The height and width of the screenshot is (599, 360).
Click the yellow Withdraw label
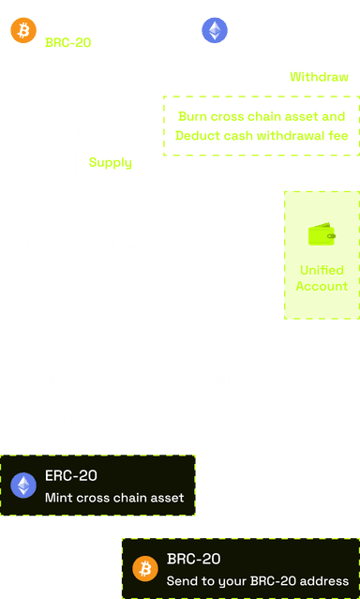click(x=319, y=77)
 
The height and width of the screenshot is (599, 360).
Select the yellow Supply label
click(x=110, y=162)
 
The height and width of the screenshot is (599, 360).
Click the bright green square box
click(x=322, y=254)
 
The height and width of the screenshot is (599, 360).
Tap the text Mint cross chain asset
click(x=113, y=497)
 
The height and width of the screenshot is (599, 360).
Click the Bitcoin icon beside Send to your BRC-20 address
click(x=144, y=568)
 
